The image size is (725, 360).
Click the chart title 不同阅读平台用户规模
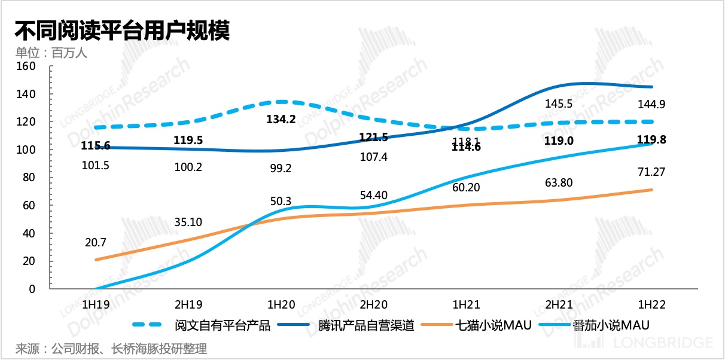click(x=122, y=30)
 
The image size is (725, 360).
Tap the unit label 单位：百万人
click(x=51, y=53)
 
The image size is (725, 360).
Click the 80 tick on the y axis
click(x=28, y=178)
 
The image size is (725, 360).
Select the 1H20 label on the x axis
click(x=281, y=304)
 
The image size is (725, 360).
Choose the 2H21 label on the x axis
click(x=560, y=304)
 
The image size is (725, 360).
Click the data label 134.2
click(x=281, y=119)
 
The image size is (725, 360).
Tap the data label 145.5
click(x=560, y=103)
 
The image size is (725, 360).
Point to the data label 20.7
click(x=96, y=243)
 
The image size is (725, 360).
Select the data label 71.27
click(x=652, y=172)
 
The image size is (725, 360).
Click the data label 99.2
click(x=281, y=168)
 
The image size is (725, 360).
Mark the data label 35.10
click(x=188, y=222)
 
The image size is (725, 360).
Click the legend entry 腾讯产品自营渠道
click(x=365, y=325)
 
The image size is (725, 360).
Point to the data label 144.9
click(x=652, y=104)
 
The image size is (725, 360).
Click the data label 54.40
click(x=374, y=195)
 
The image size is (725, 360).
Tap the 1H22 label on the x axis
click(x=652, y=304)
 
